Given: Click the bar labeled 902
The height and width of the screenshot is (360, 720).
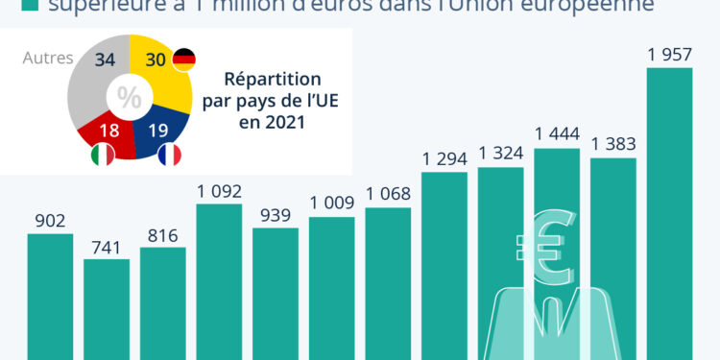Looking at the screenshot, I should (50, 296).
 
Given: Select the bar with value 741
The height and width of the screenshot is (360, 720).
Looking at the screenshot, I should (106, 309).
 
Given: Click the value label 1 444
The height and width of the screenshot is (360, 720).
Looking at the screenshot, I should (557, 132).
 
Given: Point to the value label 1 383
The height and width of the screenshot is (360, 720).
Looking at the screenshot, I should (613, 143).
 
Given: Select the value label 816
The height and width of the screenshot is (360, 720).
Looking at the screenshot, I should (162, 232).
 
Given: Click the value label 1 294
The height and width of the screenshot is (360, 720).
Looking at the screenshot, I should (444, 156).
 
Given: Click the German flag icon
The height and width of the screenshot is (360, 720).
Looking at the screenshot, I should (183, 60).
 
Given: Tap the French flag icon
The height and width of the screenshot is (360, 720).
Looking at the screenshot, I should (169, 155).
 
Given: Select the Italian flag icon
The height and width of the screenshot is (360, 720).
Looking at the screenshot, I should (102, 155).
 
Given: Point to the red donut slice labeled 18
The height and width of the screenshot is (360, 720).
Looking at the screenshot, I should (108, 127).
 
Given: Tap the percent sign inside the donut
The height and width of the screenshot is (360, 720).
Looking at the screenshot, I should (128, 97).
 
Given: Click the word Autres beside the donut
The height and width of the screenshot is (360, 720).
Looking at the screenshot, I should (47, 59).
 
